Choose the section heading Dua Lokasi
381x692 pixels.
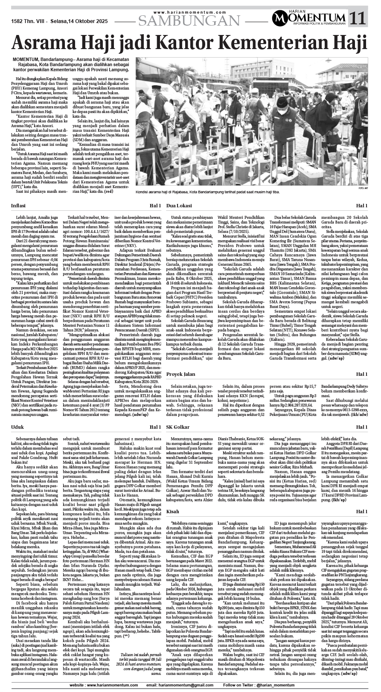coord(180,206)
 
